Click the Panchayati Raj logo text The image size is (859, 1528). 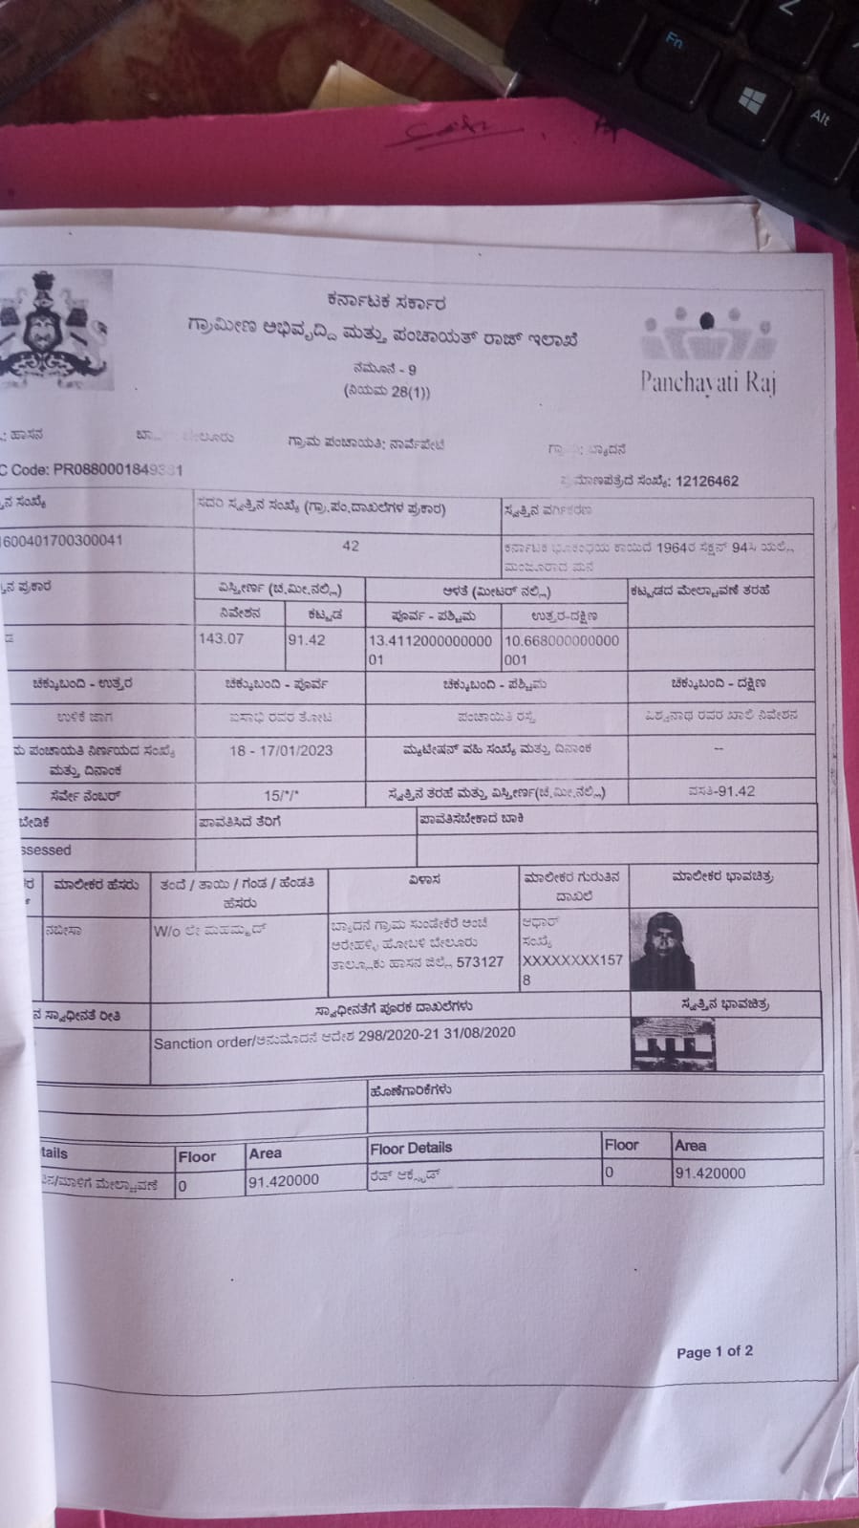(x=708, y=382)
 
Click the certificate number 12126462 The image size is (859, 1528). (x=706, y=482)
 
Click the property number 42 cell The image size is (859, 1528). (x=350, y=546)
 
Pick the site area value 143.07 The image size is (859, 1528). (x=221, y=638)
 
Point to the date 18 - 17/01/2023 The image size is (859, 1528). (x=281, y=750)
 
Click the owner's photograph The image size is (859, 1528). (x=662, y=949)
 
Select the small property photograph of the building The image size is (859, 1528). (x=673, y=1042)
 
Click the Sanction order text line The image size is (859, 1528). (x=334, y=1038)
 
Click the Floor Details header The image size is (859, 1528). (x=411, y=1148)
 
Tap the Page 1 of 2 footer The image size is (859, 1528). (x=714, y=1351)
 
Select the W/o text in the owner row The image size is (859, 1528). (x=168, y=930)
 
